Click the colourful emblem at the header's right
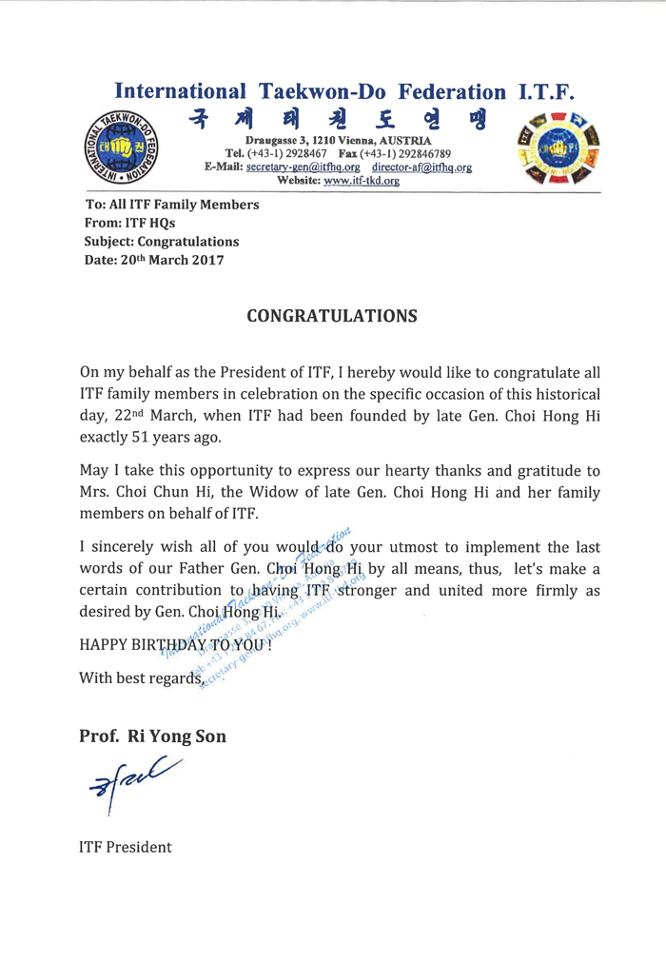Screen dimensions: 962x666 click(553, 146)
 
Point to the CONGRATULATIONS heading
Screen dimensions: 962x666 click(332, 316)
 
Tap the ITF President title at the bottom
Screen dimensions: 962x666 click(125, 847)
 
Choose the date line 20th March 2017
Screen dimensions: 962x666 click(154, 260)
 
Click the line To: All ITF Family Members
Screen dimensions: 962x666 click(171, 205)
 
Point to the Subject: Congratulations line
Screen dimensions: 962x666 click(162, 242)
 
